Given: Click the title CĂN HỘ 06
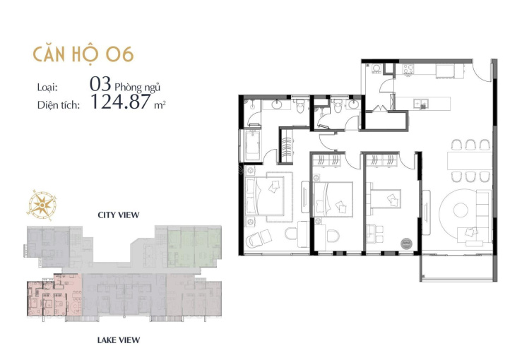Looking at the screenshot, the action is click(x=83, y=54).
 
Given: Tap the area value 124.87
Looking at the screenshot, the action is click(x=120, y=101).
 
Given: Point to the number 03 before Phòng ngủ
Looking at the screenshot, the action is click(x=100, y=84).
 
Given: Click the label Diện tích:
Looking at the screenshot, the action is click(x=59, y=105).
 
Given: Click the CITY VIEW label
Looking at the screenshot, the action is click(x=119, y=215).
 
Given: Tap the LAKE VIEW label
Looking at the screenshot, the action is click(x=119, y=340).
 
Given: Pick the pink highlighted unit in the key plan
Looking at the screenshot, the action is click(x=54, y=295).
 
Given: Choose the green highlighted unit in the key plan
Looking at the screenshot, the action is click(x=194, y=246).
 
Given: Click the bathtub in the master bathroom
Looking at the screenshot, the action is click(x=252, y=145).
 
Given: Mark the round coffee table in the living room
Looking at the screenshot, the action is click(x=461, y=210).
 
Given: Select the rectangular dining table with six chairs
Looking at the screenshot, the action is click(x=469, y=160).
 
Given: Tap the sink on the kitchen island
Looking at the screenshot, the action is click(x=420, y=104).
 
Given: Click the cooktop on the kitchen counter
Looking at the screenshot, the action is click(x=408, y=69).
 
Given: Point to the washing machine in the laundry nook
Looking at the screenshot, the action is click(x=377, y=69).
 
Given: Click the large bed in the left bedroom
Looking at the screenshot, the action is click(x=268, y=196).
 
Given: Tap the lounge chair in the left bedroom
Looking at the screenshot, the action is click(x=259, y=239).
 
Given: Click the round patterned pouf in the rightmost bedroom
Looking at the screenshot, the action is click(x=406, y=244).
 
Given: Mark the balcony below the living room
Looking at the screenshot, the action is click(x=458, y=268).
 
